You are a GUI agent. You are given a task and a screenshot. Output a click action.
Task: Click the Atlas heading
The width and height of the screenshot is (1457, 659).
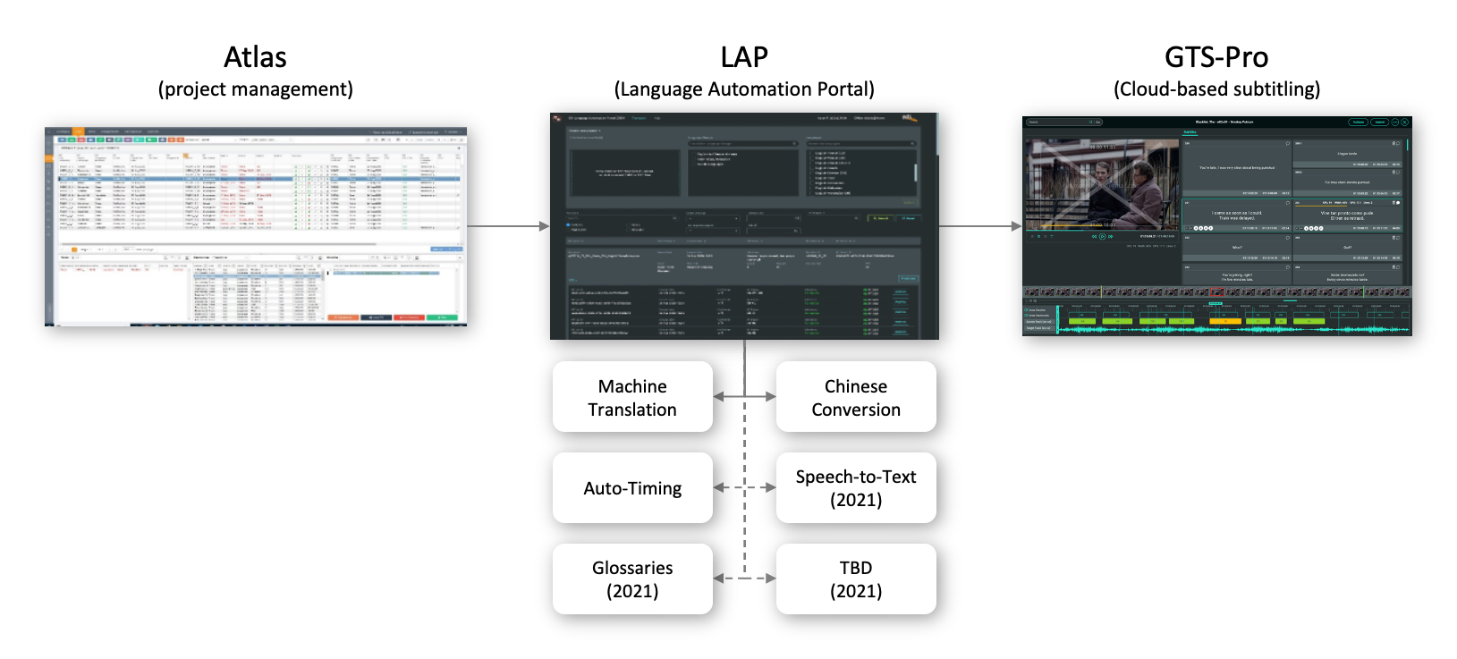click(x=255, y=57)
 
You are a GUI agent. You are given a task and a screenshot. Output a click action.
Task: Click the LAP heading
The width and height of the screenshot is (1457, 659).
click(x=743, y=57)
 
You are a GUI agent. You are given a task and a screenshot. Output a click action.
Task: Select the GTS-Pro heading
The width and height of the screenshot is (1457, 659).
click(x=1216, y=57)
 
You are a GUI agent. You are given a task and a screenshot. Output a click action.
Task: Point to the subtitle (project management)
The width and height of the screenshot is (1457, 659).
click(x=255, y=89)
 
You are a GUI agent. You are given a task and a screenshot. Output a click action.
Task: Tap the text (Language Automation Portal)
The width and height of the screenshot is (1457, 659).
click(x=743, y=89)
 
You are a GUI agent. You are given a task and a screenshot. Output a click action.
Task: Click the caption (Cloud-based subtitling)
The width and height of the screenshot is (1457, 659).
click(x=1216, y=89)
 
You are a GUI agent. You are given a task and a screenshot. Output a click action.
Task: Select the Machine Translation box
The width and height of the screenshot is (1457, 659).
click(x=632, y=397)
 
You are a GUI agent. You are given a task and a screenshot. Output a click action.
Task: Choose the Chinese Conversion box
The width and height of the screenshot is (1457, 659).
click(x=856, y=397)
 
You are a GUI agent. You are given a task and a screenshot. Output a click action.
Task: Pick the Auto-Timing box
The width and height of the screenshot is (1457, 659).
click(x=632, y=488)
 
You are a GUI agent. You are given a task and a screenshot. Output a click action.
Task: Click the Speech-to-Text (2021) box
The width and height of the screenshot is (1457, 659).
click(x=856, y=488)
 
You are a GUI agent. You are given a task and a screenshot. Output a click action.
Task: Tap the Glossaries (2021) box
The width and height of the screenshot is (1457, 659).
click(x=632, y=579)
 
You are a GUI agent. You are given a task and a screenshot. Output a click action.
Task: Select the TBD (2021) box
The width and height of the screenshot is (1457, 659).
click(x=856, y=579)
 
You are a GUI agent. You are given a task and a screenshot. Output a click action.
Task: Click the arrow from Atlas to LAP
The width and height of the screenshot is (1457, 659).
click(x=507, y=226)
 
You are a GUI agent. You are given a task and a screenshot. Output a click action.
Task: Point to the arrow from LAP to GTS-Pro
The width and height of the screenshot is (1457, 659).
click(x=979, y=226)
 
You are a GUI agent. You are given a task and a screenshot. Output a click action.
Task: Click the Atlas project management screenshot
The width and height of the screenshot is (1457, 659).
click(x=256, y=226)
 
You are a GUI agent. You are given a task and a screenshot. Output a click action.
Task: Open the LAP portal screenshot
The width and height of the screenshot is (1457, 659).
click(x=744, y=226)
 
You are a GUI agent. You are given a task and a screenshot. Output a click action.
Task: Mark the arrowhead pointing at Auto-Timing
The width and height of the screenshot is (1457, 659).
click(x=718, y=488)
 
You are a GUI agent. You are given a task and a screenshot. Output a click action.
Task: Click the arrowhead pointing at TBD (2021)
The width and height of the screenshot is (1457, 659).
click(x=771, y=579)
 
